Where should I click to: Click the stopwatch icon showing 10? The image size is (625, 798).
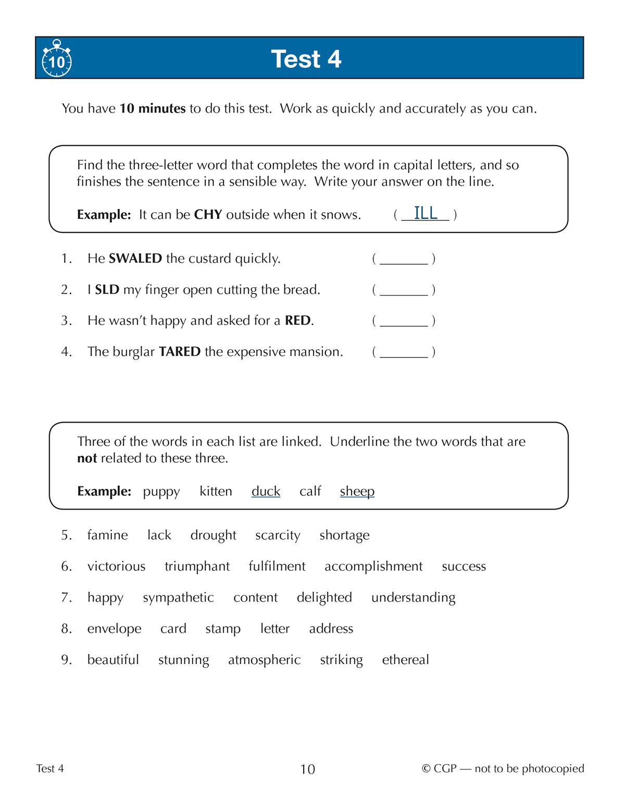(x=56, y=59)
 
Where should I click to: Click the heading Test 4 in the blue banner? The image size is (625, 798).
(x=306, y=59)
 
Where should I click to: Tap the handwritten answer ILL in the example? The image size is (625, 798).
(x=425, y=213)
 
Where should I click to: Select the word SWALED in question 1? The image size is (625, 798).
(x=135, y=259)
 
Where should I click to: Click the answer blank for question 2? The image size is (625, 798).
(x=404, y=290)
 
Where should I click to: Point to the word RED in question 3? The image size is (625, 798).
(x=297, y=321)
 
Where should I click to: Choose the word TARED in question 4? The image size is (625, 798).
(x=179, y=352)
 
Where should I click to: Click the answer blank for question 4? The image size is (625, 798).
(x=404, y=352)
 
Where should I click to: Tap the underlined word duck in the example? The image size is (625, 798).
(x=266, y=492)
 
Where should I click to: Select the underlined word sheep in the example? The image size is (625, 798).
(x=357, y=492)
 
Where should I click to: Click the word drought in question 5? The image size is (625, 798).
(x=213, y=535)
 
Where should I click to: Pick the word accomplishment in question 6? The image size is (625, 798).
(x=373, y=567)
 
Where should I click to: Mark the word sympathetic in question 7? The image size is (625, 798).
(x=178, y=598)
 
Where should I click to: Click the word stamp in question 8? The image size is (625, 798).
(x=223, y=629)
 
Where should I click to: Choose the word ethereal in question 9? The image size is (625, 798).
(x=405, y=660)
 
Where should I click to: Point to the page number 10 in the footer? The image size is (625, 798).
(x=307, y=769)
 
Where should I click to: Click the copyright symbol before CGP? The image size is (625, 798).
(x=426, y=769)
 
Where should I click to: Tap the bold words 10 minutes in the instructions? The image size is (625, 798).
(x=153, y=108)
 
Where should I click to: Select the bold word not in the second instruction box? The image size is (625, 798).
(x=87, y=458)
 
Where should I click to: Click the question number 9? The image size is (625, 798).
(x=66, y=660)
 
